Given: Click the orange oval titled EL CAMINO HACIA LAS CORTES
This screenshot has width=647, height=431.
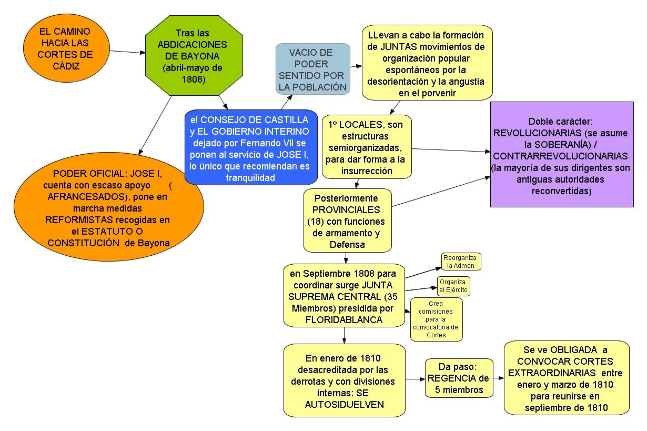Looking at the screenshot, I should point(66,48).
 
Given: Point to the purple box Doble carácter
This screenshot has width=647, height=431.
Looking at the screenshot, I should point(562,155).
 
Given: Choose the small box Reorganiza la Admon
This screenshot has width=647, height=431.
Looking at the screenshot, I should point(461,262).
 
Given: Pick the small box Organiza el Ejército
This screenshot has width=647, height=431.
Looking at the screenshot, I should point(453,286).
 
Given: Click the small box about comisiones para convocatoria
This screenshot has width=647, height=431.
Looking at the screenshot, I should point(436,319).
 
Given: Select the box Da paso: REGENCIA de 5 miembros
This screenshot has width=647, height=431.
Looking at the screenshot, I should point(459,378).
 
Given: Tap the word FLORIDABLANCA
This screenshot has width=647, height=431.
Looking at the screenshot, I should point(343,319).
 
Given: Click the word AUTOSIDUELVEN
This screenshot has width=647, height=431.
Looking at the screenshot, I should point(344,404).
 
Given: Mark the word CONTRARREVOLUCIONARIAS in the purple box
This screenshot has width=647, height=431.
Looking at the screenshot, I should point(561,156).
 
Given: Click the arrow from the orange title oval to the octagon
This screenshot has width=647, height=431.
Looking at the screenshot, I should point(128,52).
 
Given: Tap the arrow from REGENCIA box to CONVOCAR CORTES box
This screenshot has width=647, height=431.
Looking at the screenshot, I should point(499,378).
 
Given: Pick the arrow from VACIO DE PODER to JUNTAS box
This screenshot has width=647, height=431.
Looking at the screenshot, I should point(357,67).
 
